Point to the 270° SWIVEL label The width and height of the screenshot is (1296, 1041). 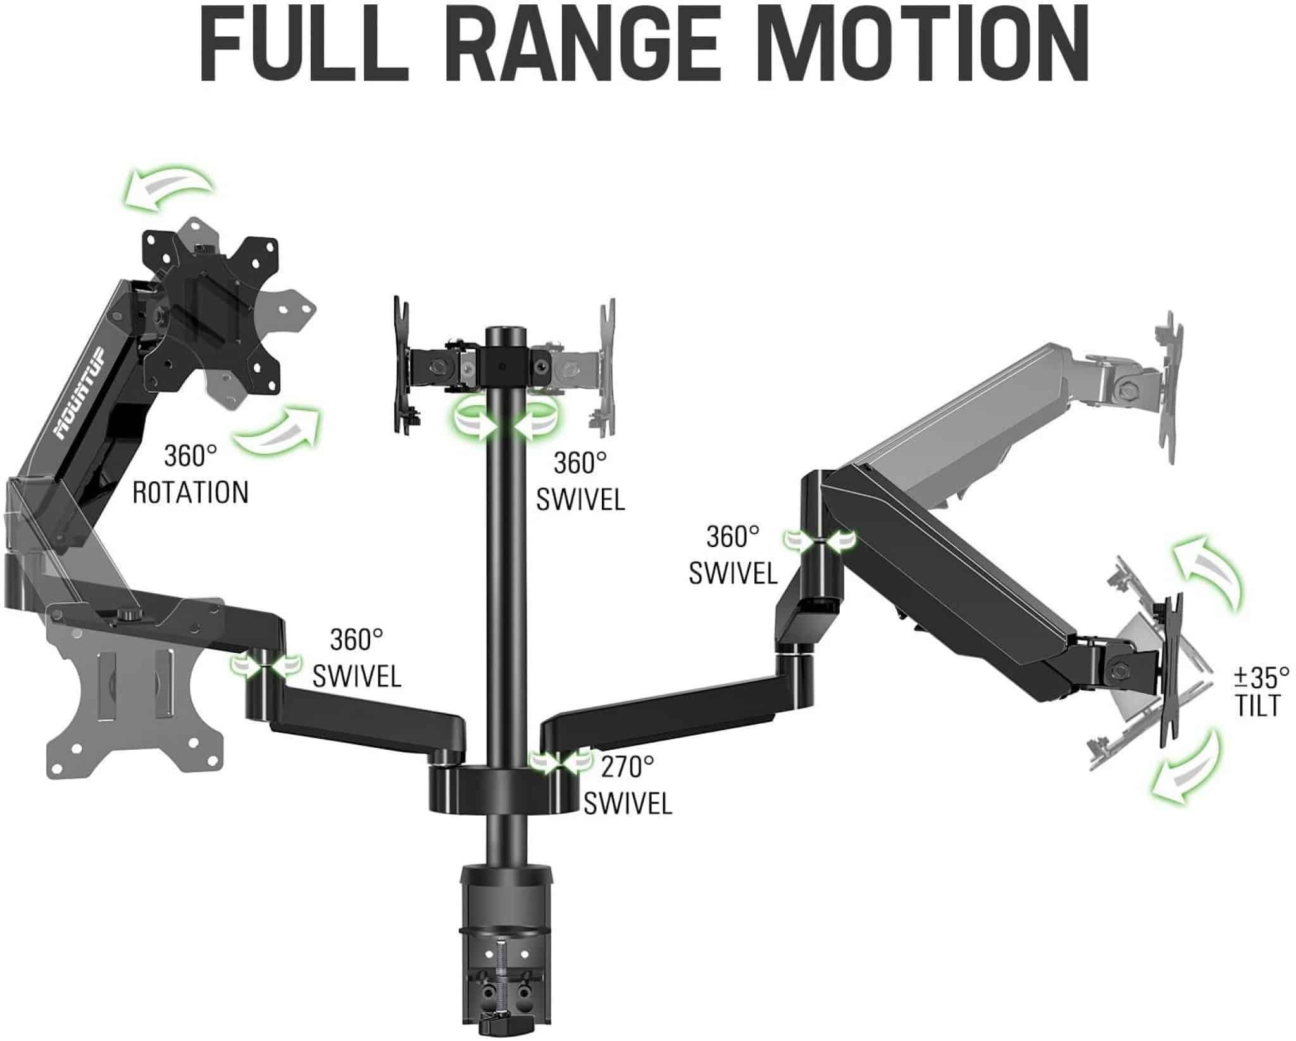(x=627, y=786)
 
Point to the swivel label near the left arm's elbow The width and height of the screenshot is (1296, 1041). (x=357, y=659)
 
